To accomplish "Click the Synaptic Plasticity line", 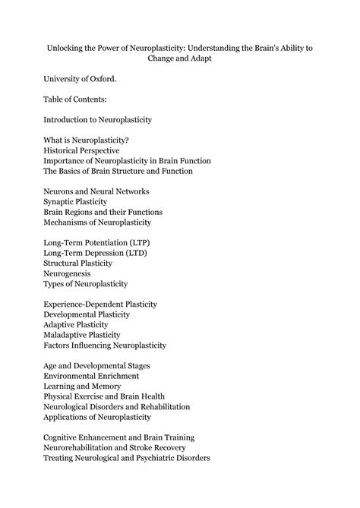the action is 84,202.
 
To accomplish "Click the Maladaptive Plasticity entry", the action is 89,335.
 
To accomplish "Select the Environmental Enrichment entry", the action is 91,376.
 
